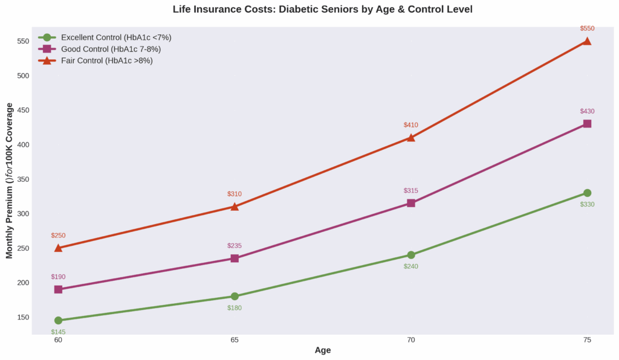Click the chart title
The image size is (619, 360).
tap(322, 9)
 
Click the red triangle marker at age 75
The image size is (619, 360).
tap(587, 41)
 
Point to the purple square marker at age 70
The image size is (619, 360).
tap(411, 203)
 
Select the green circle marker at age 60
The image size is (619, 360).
tap(58, 320)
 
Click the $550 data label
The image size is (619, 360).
tap(587, 28)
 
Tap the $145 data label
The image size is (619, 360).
tap(58, 332)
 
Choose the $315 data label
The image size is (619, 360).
tap(411, 191)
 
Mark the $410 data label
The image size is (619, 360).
tap(411, 125)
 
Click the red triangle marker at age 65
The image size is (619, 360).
tap(235, 207)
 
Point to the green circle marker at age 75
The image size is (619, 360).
tap(587, 193)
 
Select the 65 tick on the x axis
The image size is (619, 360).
tap(235, 340)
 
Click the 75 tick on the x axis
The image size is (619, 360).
tap(587, 340)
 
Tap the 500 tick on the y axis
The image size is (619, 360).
tap(22, 76)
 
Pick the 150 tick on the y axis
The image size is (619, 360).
tap(22, 317)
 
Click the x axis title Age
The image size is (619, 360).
tap(323, 350)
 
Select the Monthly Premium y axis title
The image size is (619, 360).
tap(9, 180)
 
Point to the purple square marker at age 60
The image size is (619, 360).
tap(58, 289)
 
